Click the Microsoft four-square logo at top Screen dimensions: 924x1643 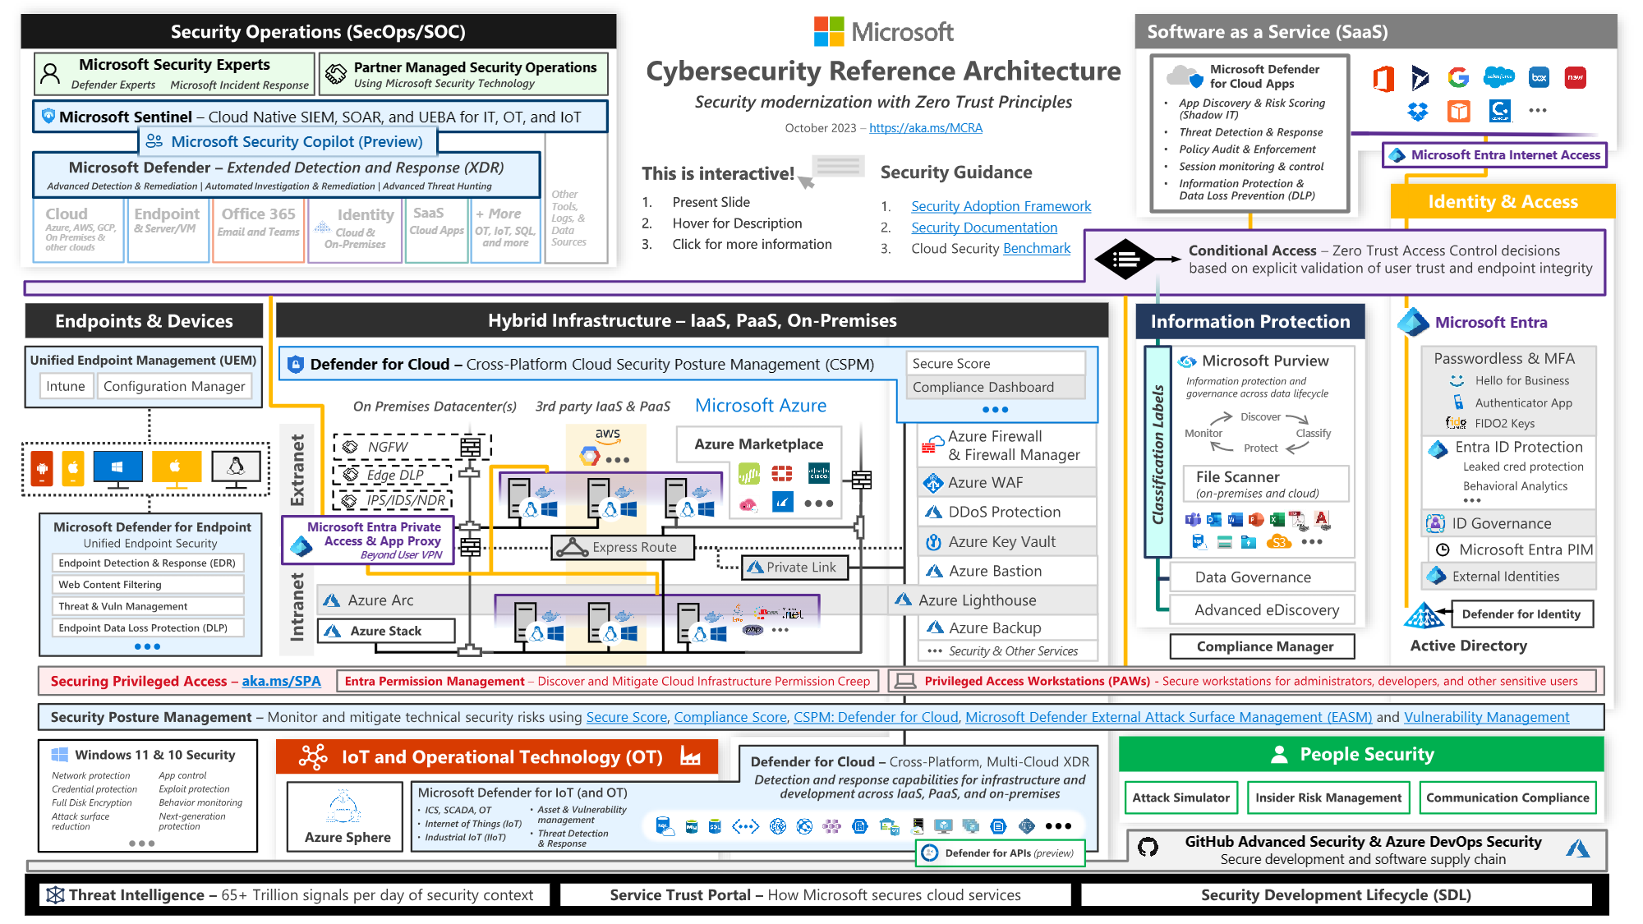(828, 31)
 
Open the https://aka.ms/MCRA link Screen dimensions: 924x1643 (925, 127)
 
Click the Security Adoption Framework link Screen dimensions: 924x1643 (1001, 206)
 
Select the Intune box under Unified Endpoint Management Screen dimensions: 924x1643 (66, 386)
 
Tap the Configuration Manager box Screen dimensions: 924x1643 (174, 386)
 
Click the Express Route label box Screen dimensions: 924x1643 (623, 547)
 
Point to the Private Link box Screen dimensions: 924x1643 (794, 568)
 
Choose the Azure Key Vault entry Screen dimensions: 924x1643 (1001, 541)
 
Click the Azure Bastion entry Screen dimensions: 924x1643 (995, 571)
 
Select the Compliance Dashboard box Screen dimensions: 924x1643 (983, 387)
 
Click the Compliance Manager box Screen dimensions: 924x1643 (1263, 646)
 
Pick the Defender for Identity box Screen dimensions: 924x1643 (1521, 614)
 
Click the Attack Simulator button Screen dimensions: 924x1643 (1180, 798)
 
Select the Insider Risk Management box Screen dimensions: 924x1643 (1328, 798)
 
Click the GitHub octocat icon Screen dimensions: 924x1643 (1148, 847)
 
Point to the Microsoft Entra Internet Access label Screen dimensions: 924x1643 (1504, 154)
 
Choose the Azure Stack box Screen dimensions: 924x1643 (386, 631)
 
